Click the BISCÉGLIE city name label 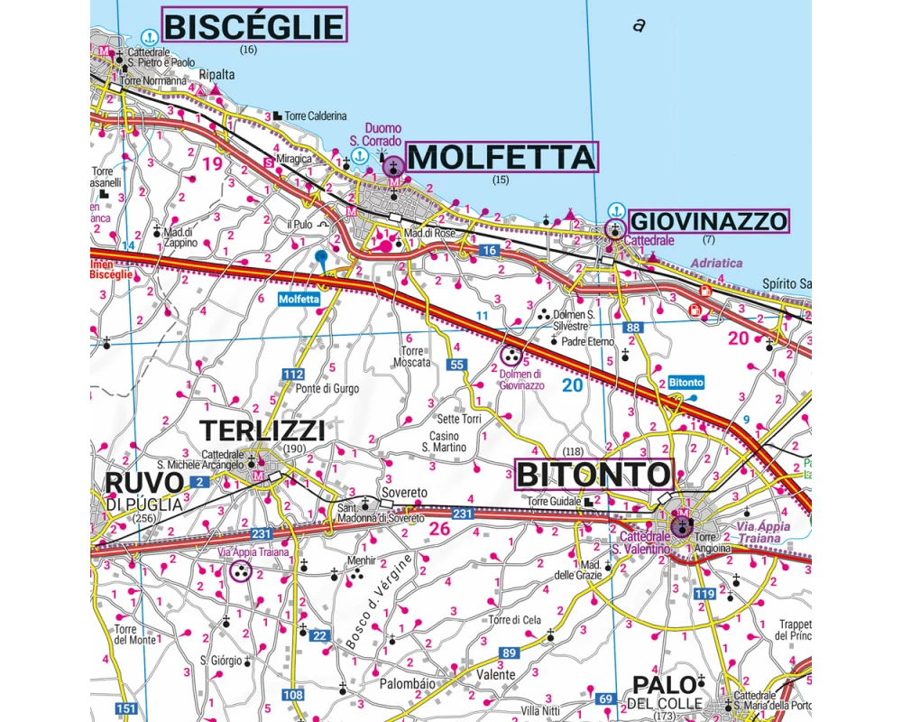pos(253,25)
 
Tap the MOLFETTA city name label pos(501,158)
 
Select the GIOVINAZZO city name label pos(708,221)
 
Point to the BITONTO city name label pos(594,474)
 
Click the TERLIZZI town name pos(262,430)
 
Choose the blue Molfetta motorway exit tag pos(299,299)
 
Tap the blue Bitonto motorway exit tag pos(686,383)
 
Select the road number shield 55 pos(457,365)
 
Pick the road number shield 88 pos(633,328)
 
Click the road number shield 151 pos(127,708)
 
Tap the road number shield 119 pos(705,594)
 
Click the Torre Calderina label pos(315,116)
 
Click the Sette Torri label pos(459,420)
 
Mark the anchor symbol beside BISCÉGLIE pos(149,36)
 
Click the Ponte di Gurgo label pos(327,389)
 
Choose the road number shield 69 pos(606,699)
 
